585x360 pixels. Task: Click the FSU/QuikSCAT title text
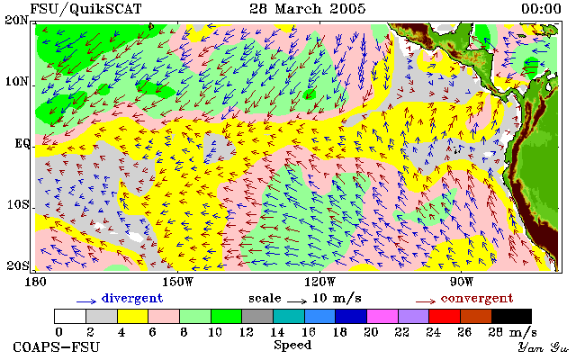pos(85,9)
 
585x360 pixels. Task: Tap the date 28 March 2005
pos(308,9)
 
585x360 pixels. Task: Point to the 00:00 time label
pos(541,9)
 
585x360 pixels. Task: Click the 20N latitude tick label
pos(16,20)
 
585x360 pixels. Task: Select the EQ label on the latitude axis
pos(22,143)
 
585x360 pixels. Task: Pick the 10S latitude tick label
pos(18,205)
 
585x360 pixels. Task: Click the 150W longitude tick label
pos(178,282)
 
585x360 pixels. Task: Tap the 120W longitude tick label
pos(319,282)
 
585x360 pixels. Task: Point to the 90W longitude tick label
pos(462,282)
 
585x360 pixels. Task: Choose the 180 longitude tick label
pos(35,282)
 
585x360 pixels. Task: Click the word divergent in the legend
pos(132,299)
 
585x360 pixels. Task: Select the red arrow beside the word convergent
pos(426,301)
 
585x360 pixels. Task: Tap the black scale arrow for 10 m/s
pos(297,301)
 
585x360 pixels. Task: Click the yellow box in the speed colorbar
pos(133,317)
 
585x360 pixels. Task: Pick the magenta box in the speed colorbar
pos(382,317)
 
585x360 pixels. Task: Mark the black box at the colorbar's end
pos(511,317)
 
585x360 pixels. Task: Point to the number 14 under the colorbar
pos(277,332)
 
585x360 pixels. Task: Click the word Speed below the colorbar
pos(292,345)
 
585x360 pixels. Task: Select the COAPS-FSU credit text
pos(57,347)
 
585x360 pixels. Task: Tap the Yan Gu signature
pos(544,348)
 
